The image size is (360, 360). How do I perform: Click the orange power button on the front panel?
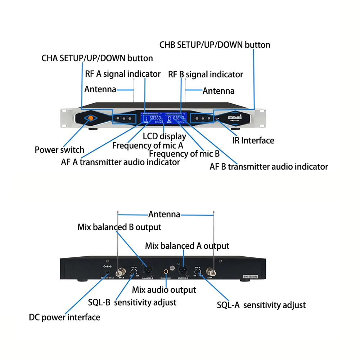coord(90,118)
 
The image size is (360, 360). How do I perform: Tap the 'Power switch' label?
coord(59,150)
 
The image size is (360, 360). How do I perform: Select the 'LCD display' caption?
coord(165,136)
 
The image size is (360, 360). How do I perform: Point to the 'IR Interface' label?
coord(253,140)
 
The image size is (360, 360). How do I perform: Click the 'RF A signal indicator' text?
coord(123,74)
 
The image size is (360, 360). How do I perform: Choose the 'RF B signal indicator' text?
coord(206,75)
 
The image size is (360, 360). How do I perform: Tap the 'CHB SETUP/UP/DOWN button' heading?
coord(215,45)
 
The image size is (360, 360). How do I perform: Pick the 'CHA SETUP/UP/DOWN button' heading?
coord(97,58)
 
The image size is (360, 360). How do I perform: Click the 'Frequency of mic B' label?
coord(184,154)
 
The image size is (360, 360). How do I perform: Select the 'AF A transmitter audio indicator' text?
coord(120,162)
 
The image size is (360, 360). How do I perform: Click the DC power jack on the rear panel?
coord(107,273)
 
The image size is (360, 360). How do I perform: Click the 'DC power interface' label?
coord(64,317)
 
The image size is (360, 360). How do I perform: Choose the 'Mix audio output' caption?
coord(164,290)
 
